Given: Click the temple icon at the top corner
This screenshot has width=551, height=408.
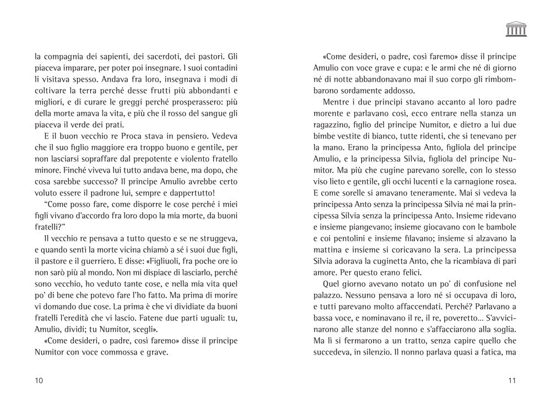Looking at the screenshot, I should pyautogui.click(x=516, y=29).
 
